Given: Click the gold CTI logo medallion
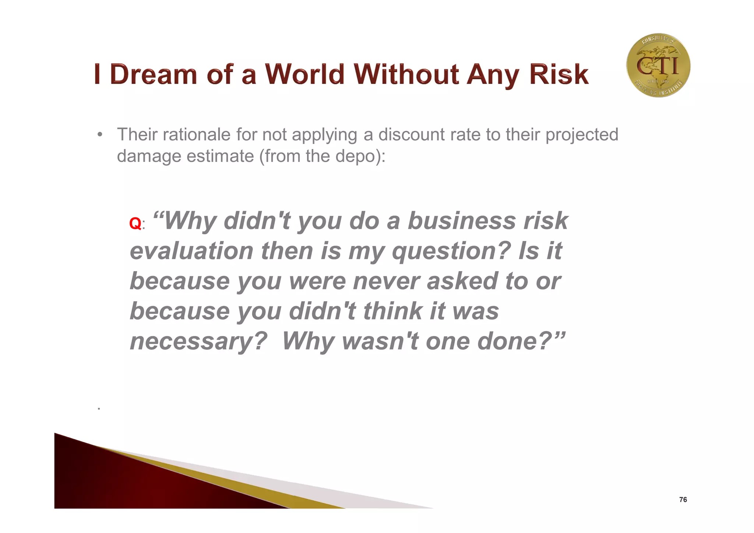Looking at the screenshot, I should pos(658,65).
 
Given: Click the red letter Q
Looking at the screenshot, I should pos(135,224).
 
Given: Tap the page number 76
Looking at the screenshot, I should pos(683,499).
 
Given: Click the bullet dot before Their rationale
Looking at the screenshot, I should pos(99,134).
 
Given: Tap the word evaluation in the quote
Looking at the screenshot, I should pos(191,251).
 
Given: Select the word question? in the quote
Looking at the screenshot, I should pos(451,252).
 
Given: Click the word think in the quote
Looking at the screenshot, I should pos(392,311).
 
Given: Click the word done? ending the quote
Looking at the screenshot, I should pos(520,341).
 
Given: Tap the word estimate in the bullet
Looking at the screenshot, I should pos(220,156).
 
